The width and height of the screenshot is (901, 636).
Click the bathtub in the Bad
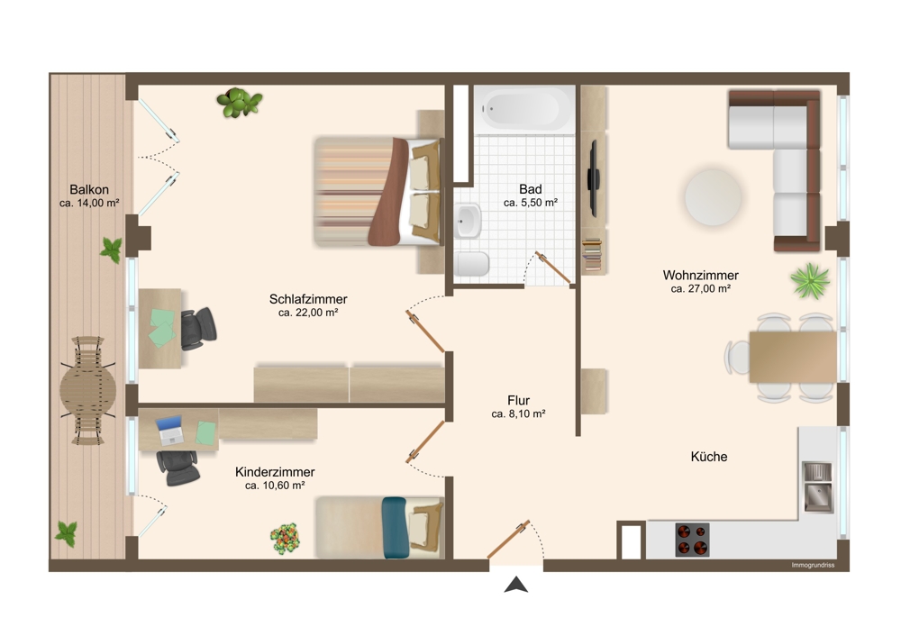pyautogui.click(x=525, y=110)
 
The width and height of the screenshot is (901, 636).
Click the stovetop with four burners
pyautogui.click(x=692, y=540)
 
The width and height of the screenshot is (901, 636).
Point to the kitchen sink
pyautogui.click(x=817, y=485)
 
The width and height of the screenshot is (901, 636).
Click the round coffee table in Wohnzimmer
pyautogui.click(x=714, y=195)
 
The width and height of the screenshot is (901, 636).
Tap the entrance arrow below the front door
pyautogui.click(x=515, y=586)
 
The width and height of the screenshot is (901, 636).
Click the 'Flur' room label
pyautogui.click(x=518, y=399)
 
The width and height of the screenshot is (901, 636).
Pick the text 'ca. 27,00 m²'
pyautogui.click(x=700, y=289)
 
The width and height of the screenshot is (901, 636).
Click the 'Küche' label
pyautogui.click(x=708, y=457)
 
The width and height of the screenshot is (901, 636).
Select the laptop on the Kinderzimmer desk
pyautogui.click(x=171, y=431)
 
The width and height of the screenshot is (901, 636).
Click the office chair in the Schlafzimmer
pyautogui.click(x=198, y=328)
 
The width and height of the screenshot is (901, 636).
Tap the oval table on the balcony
pyautogui.click(x=87, y=389)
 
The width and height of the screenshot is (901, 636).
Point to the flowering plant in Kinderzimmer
pyautogui.click(x=285, y=538)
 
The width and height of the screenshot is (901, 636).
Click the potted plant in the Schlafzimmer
pyautogui.click(x=240, y=102)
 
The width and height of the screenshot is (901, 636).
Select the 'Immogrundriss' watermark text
pyautogui.click(x=813, y=565)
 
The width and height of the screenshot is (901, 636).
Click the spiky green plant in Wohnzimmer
pyautogui.click(x=809, y=280)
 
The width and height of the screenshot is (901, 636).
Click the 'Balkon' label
pyautogui.click(x=89, y=189)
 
